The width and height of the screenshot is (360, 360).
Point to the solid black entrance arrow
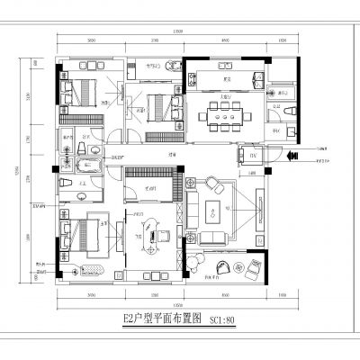[291, 156]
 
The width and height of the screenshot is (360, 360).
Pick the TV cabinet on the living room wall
[260, 212]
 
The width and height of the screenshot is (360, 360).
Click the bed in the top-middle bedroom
[154, 108]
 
